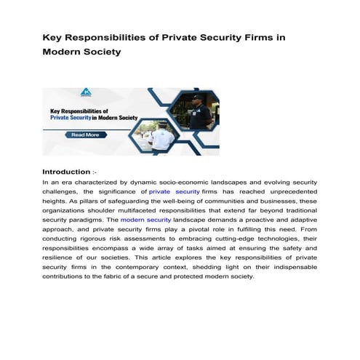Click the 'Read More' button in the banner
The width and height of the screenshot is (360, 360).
tap(86, 135)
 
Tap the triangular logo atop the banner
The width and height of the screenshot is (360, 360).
tap(87, 93)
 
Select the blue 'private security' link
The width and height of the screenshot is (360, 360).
tap(174, 191)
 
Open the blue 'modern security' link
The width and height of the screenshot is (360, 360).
tap(145, 219)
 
